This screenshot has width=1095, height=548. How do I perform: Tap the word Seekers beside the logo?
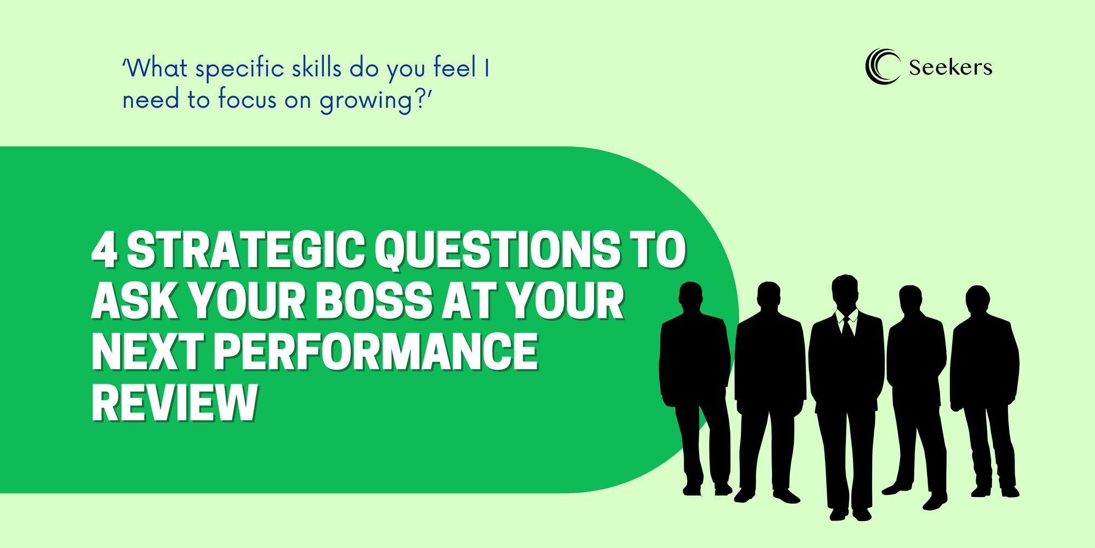[950, 67]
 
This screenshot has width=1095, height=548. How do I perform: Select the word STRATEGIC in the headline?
[246, 249]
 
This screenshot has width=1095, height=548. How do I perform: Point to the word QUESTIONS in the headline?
[498, 250]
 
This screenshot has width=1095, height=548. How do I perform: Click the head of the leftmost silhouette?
[690, 296]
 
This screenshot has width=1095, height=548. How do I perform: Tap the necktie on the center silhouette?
[847, 326]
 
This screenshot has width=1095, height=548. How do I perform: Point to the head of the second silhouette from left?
[769, 296]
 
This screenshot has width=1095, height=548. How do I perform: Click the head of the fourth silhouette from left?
[910, 300]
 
